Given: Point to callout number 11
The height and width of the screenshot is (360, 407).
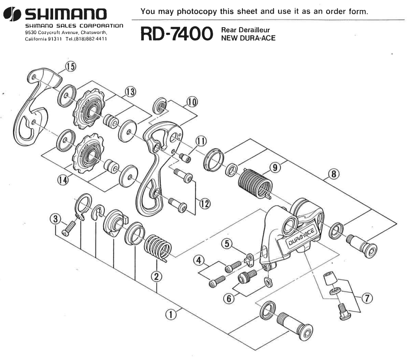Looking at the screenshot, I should click(201, 141).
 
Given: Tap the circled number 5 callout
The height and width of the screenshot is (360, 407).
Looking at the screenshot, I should click(227, 243).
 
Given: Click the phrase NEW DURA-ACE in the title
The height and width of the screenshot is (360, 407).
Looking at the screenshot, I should click(248, 38).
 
